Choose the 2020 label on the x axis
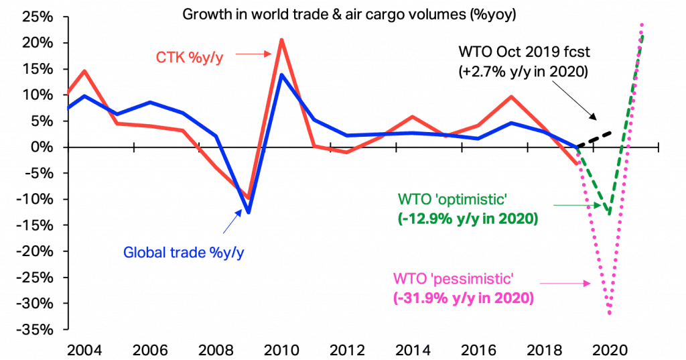coord(609,350)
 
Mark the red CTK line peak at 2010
coord(281,40)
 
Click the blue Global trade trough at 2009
coord(249,213)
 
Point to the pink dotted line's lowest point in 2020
coord(609,312)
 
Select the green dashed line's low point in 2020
coord(609,214)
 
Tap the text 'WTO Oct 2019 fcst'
coord(523,52)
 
